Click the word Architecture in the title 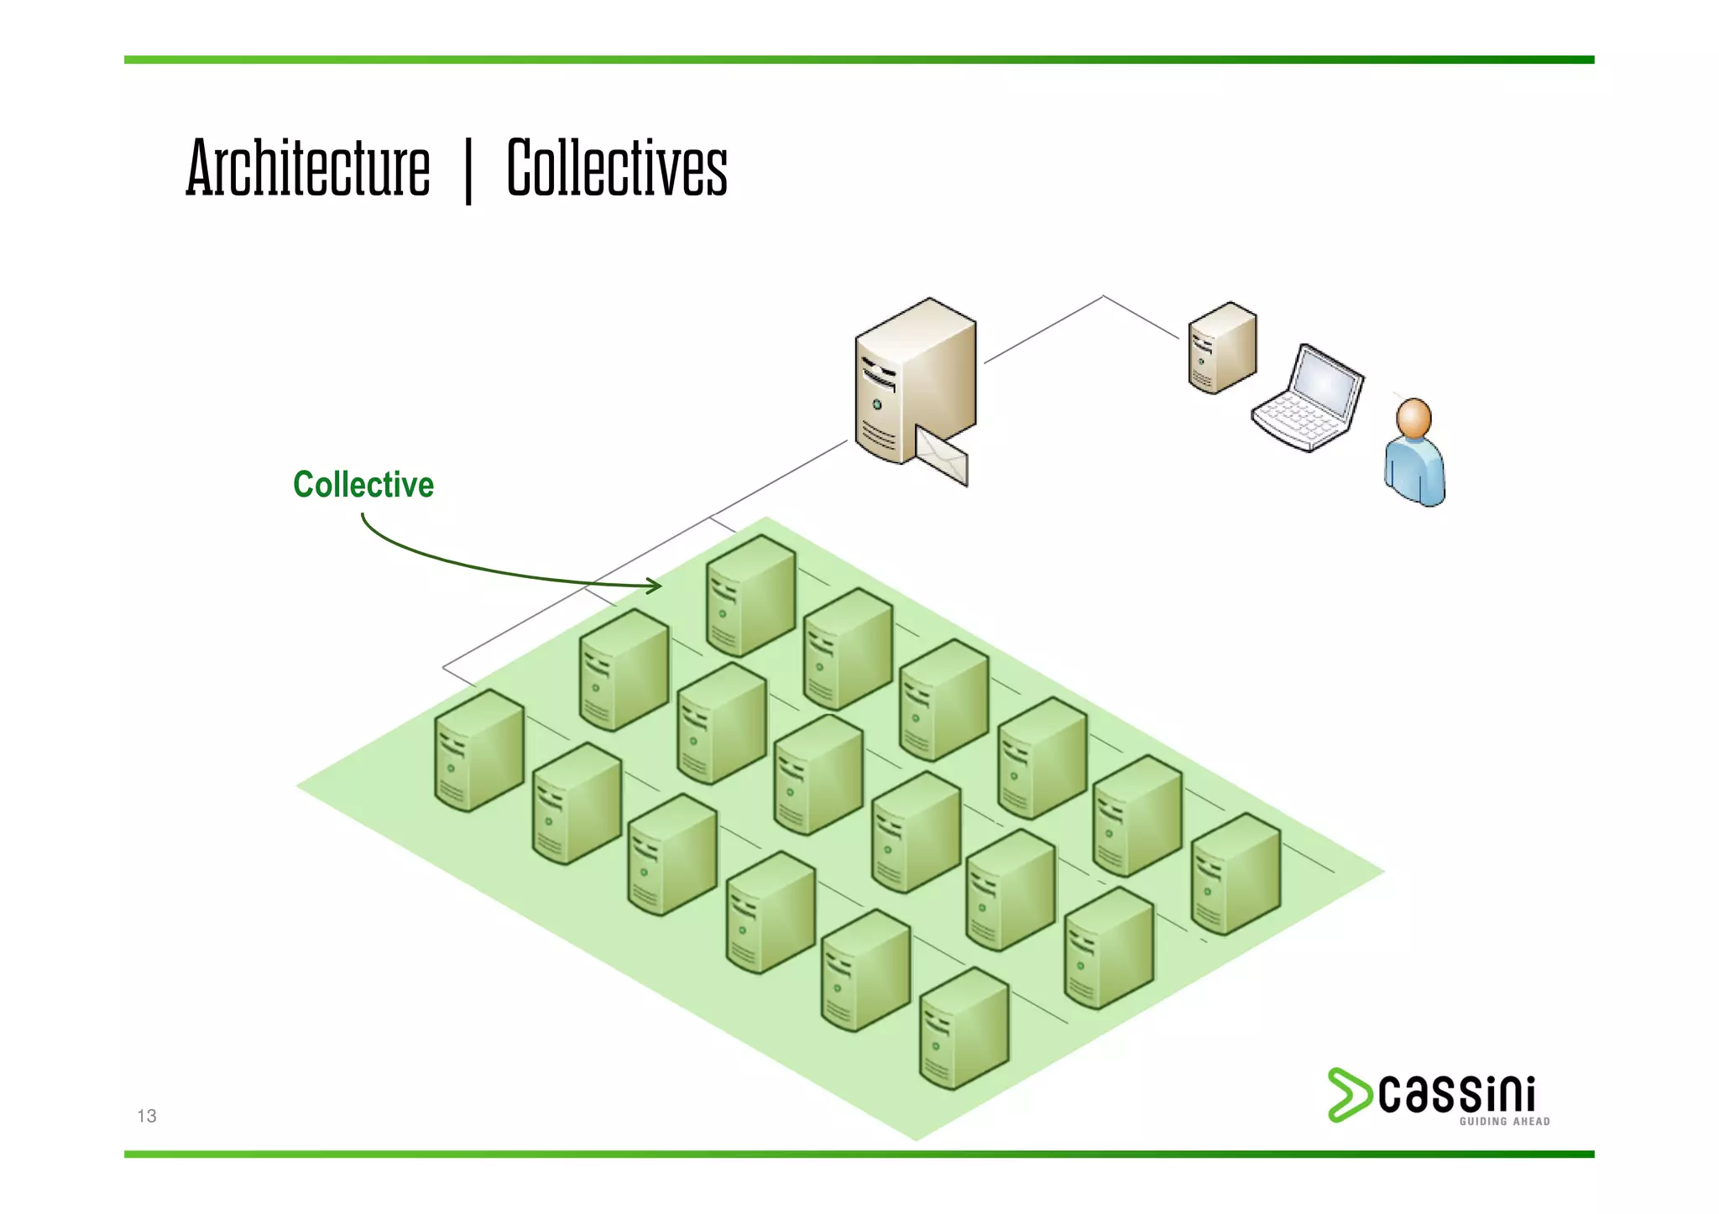click(307, 168)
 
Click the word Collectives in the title click(617, 168)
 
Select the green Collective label click(363, 485)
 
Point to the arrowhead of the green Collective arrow click(656, 586)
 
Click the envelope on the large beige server click(941, 456)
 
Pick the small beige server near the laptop click(1222, 347)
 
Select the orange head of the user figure click(1413, 418)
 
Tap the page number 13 click(147, 1116)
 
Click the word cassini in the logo click(1456, 1093)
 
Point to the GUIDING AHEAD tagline click(1504, 1122)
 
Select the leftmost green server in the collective click(478, 751)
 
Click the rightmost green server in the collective click(1236, 873)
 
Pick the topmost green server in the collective click(750, 595)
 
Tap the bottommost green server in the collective click(964, 1028)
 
